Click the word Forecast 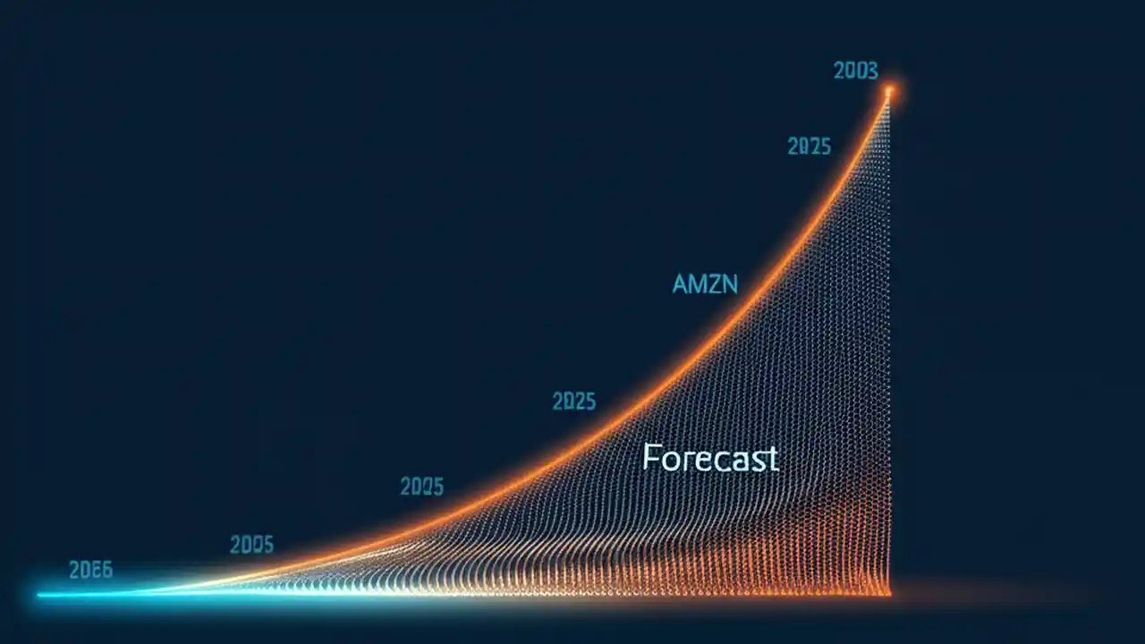point(710,459)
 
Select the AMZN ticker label point(705,284)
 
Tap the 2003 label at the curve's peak point(855,71)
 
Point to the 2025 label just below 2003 point(809,147)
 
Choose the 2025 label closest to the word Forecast point(573,402)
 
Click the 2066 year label point(90,571)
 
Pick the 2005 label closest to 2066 point(251,544)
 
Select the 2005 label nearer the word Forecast point(421,487)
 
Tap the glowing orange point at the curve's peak point(889,90)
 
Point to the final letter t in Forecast point(773,460)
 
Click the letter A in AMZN point(681,284)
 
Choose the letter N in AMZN point(730,284)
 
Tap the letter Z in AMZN point(715,284)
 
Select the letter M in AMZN point(698,284)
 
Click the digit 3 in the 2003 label point(871,71)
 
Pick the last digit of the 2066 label point(106,571)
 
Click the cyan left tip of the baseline point(39,593)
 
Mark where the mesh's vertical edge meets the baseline point(889,591)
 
